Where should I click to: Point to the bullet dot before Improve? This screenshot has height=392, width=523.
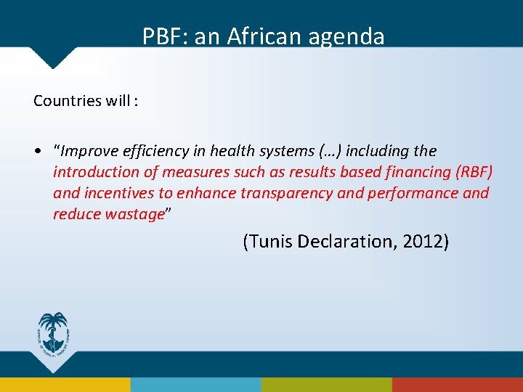click(x=36, y=151)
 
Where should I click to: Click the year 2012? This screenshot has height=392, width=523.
click(x=423, y=242)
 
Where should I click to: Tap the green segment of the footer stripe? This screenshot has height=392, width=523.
click(x=327, y=385)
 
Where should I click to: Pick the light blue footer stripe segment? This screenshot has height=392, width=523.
click(x=196, y=385)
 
